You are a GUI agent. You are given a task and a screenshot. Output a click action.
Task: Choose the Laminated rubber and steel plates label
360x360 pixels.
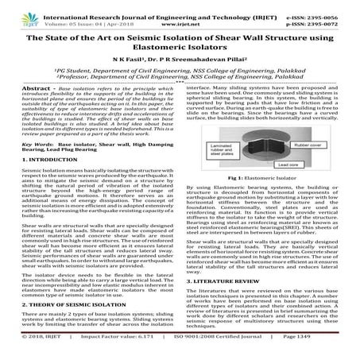point(219,148)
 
